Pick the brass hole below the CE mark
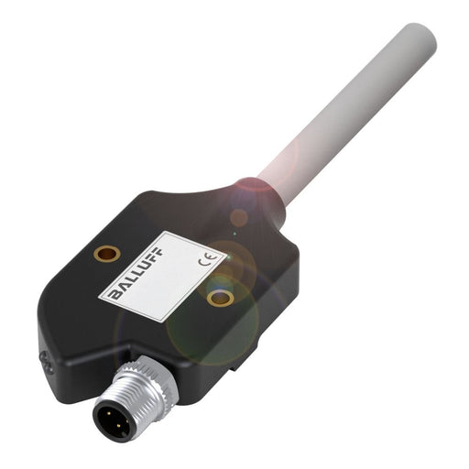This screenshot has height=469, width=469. tap(218, 296)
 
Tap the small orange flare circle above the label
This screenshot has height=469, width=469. tap(239, 218)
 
